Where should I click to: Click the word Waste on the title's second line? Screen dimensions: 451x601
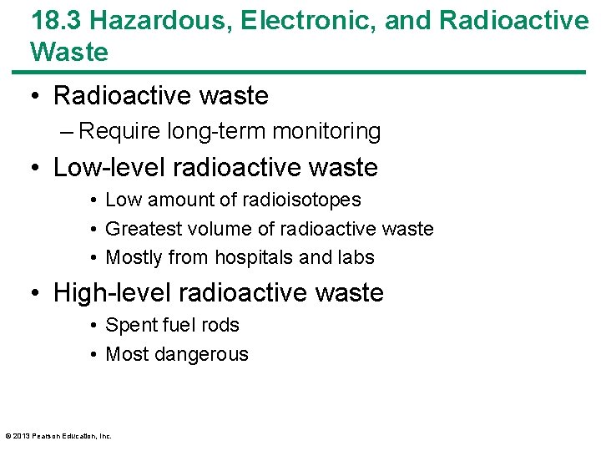69,52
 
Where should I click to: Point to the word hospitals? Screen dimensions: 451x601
255,257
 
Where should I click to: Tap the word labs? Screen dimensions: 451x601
355,257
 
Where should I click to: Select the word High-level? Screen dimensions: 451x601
112,292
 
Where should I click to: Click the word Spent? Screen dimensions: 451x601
129,326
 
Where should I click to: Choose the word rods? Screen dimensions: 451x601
220,326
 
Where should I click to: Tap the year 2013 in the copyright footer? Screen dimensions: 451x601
23,436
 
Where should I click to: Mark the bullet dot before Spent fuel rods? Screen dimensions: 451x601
96,326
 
